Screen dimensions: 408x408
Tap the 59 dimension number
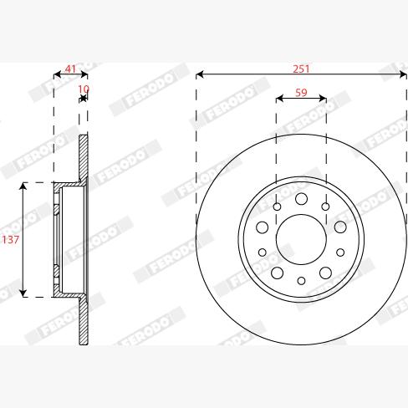[301, 94]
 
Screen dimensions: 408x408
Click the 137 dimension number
[11, 239]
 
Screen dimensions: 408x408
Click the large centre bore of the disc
[301, 238]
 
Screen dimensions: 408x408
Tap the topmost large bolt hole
[301, 198]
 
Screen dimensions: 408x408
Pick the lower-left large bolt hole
[277, 273]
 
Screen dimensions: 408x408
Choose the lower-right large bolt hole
[325, 273]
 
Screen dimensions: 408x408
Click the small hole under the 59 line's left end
[277, 207]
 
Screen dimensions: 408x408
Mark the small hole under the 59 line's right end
[325, 207]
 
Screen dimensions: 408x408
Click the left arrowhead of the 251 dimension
[200, 75]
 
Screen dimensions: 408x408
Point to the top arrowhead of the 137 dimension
[24, 185]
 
